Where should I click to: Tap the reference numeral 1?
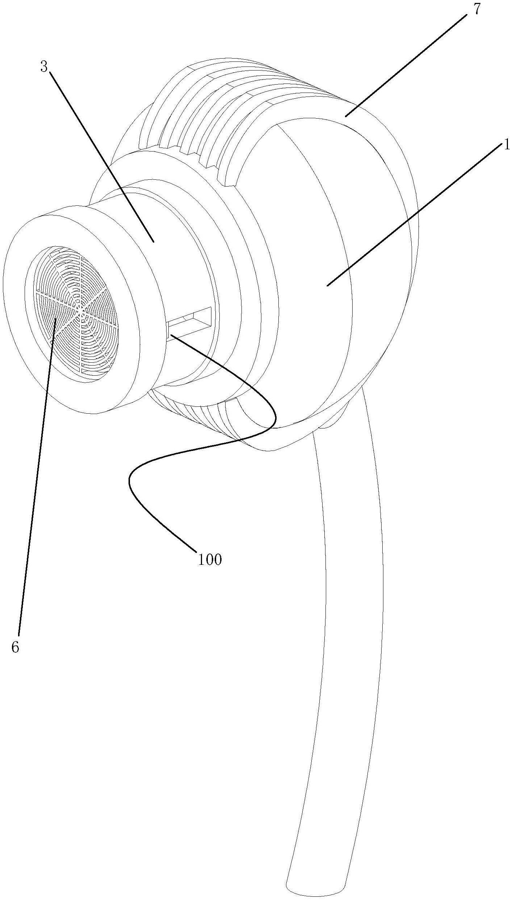pos(506,145)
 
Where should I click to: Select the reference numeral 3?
pos(44,67)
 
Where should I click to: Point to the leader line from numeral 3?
pos(101,155)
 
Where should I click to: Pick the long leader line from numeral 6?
pos(36,470)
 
